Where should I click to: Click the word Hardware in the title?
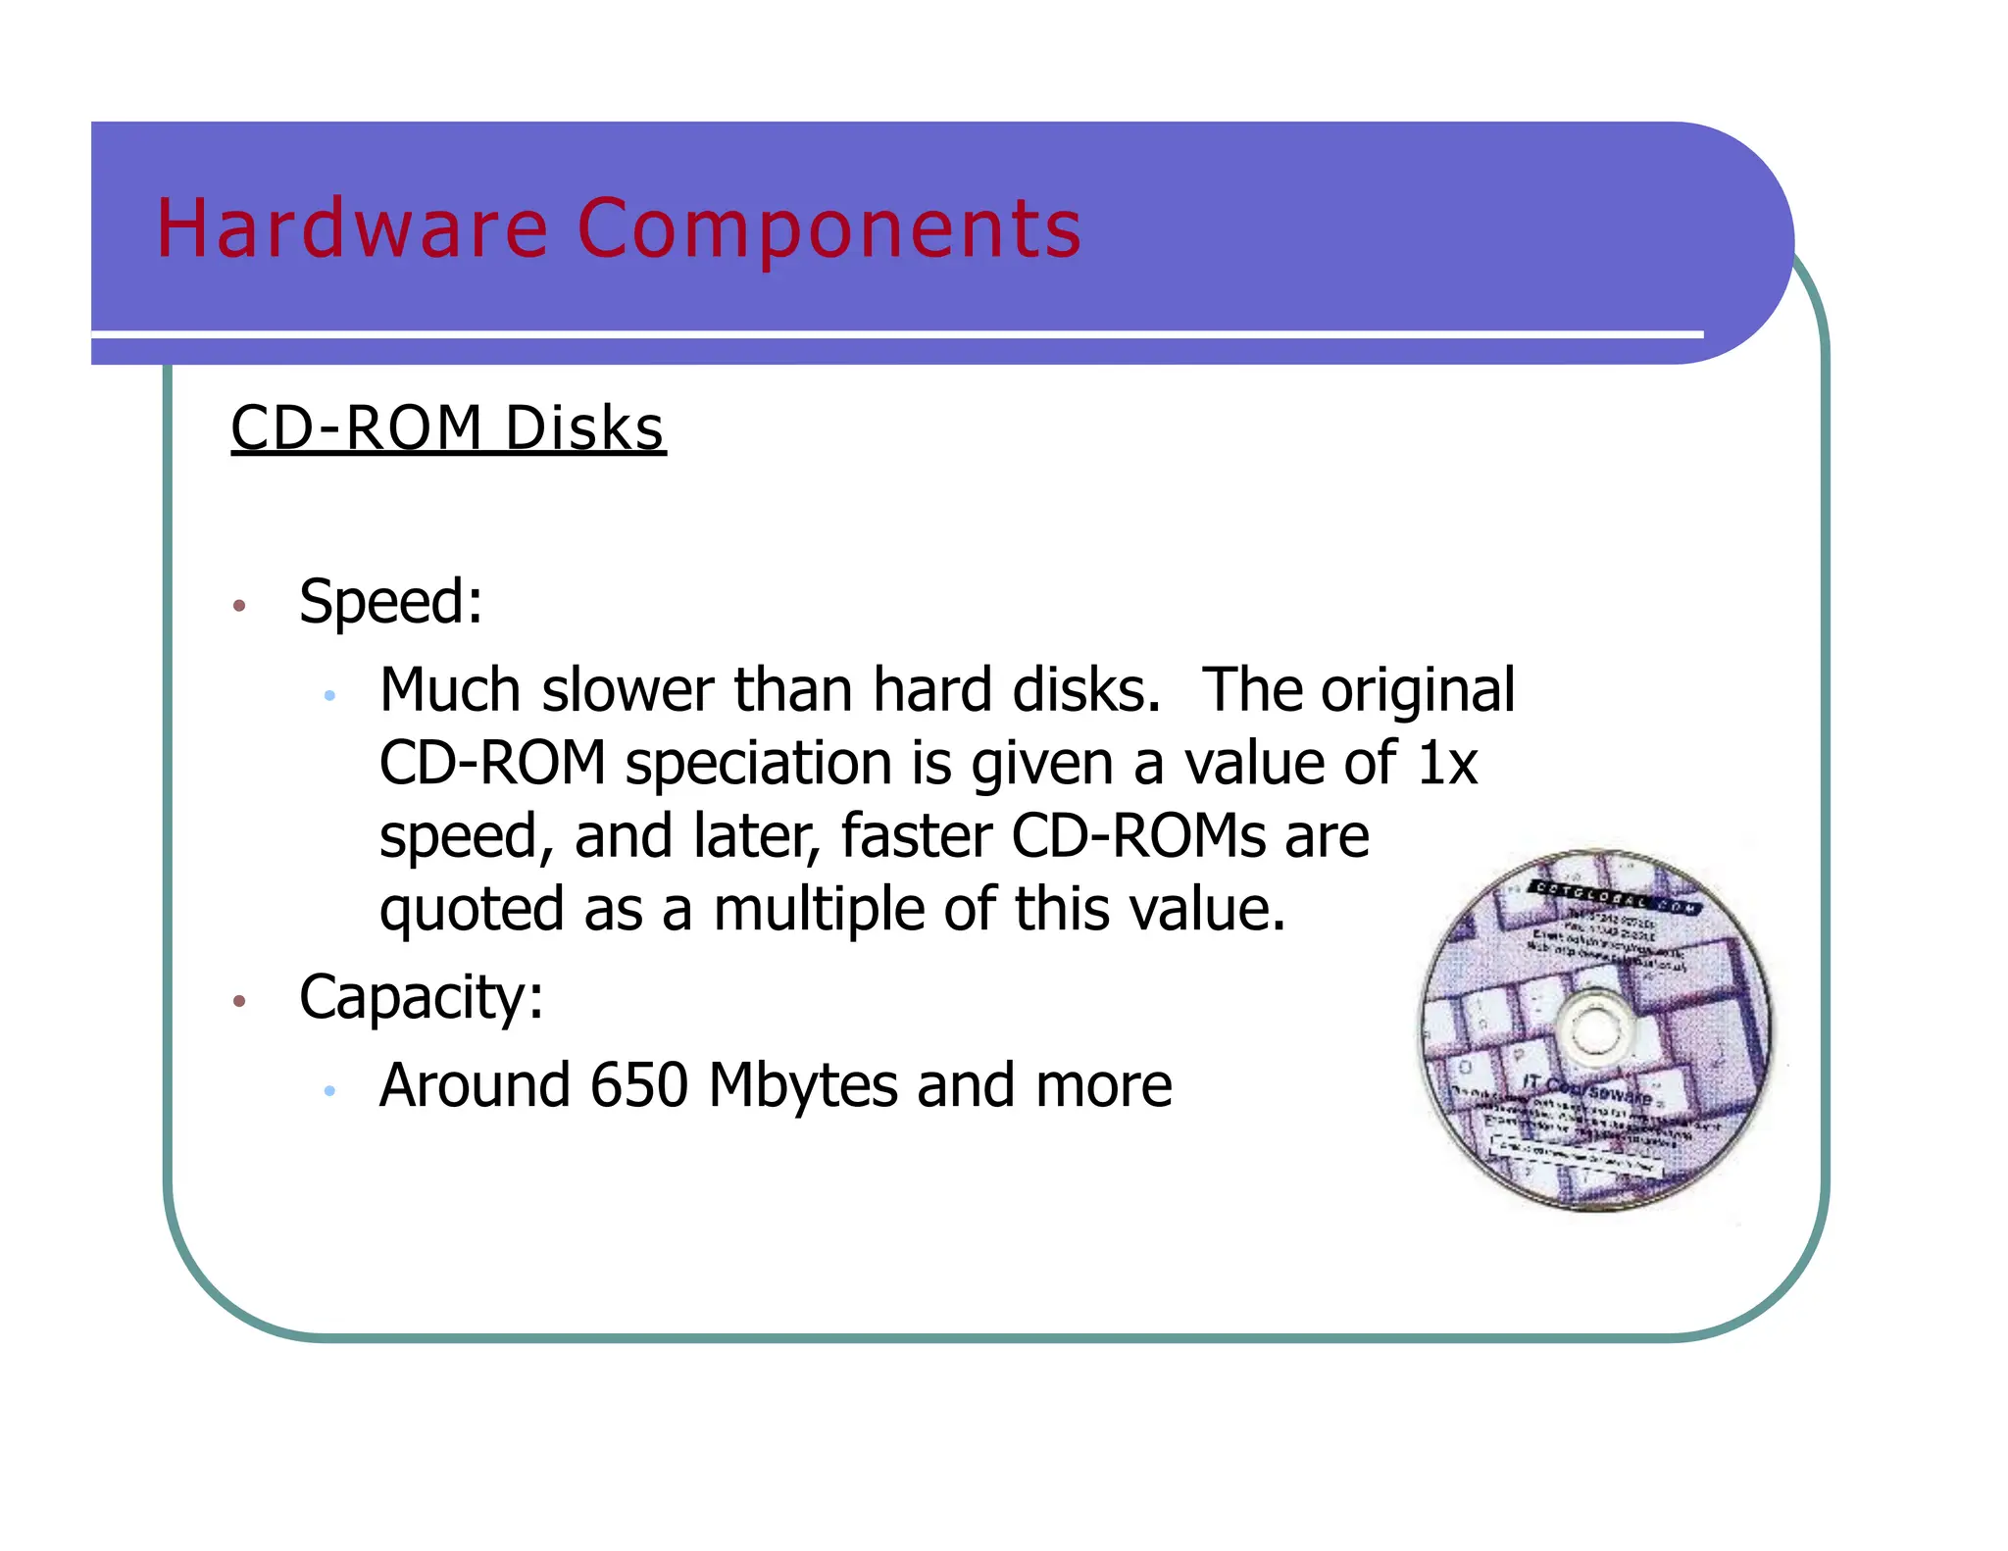[x=352, y=228]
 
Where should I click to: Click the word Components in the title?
[x=829, y=228]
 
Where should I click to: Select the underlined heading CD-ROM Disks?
[x=448, y=428]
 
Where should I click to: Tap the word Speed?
[x=390, y=601]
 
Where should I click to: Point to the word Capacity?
[x=421, y=997]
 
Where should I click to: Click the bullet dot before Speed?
[x=239, y=606]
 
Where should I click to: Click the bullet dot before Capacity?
[x=239, y=1001]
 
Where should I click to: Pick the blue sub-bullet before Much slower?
[x=330, y=695]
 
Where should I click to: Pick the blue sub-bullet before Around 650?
[x=330, y=1090]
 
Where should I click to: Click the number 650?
[x=639, y=1085]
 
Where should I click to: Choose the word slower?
[x=627, y=690]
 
